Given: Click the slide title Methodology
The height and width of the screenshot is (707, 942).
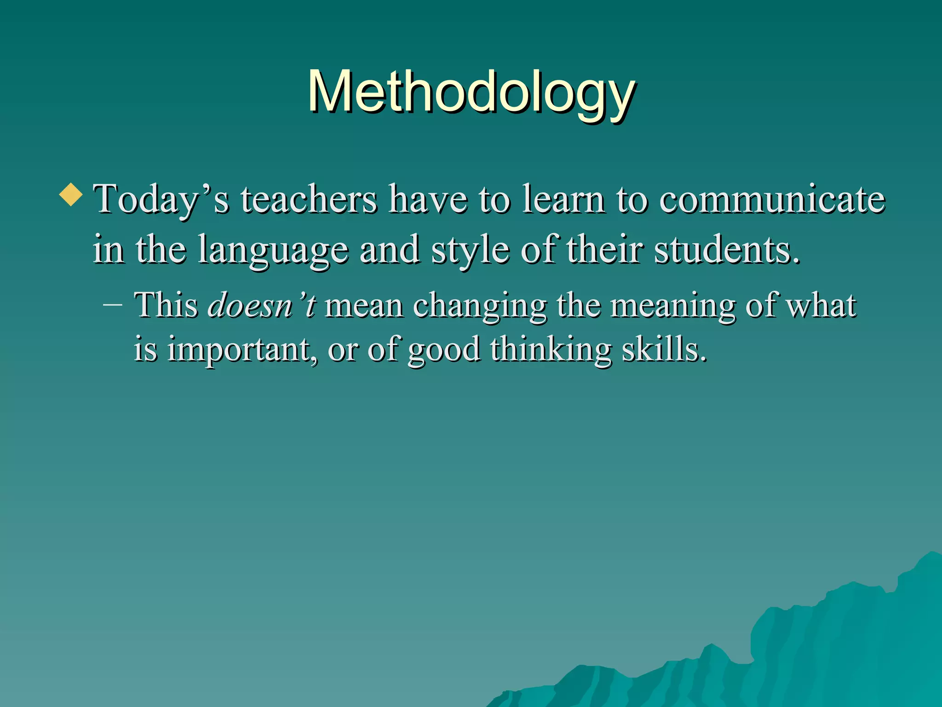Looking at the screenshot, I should pyautogui.click(x=471, y=92).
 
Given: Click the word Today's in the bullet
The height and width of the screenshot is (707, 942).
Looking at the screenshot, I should pyautogui.click(x=161, y=200).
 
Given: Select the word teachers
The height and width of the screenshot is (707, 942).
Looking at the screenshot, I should pyautogui.click(x=309, y=200).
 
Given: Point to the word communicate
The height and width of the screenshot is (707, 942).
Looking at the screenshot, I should pyautogui.click(x=772, y=200).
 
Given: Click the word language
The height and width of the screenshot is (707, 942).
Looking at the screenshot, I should pyautogui.click(x=273, y=250).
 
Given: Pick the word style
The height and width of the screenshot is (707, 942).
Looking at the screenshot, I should pyautogui.click(x=470, y=250).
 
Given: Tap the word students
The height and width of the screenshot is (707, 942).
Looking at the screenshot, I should pyautogui.click(x=727, y=250).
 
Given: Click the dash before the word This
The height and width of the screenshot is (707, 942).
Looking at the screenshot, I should pyautogui.click(x=113, y=305).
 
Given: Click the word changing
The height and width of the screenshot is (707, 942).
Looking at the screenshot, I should pyautogui.click(x=480, y=306).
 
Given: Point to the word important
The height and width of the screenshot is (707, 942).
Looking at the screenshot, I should pyautogui.click(x=242, y=349).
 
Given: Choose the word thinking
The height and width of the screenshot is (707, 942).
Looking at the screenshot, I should pyautogui.click(x=551, y=349).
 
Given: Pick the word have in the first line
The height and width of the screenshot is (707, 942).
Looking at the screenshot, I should pyautogui.click(x=428, y=200).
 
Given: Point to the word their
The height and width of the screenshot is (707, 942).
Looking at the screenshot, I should pyautogui.click(x=604, y=250).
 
